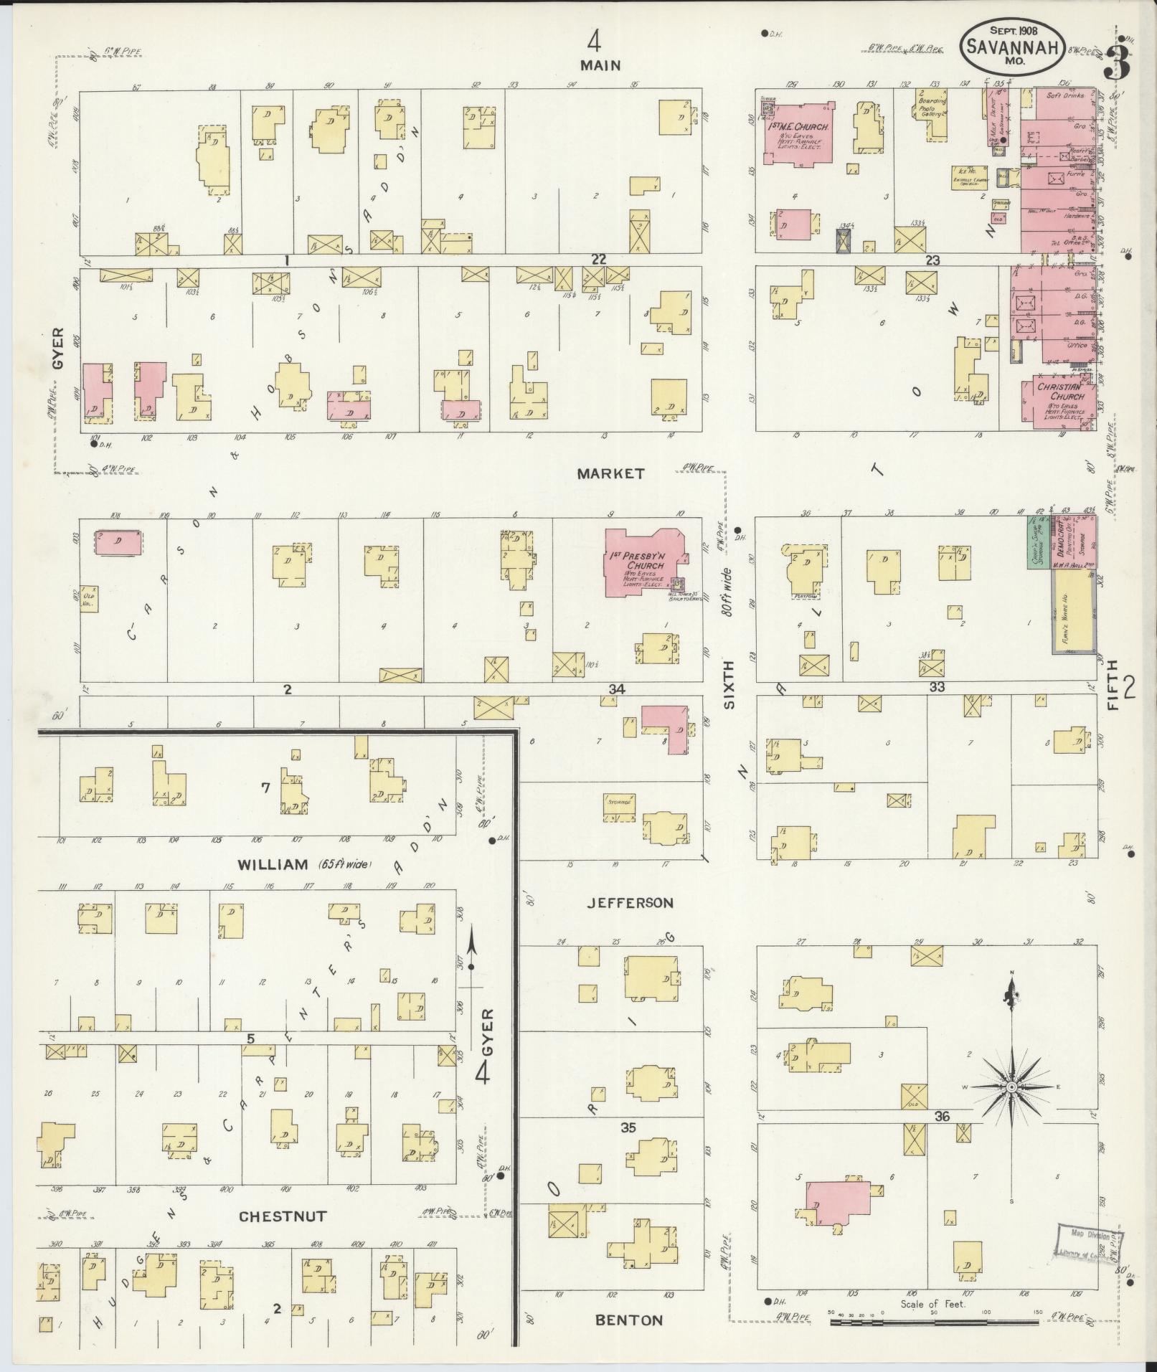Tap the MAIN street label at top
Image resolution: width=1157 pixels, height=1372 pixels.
coord(600,65)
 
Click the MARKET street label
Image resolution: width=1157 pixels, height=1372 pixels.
coord(610,473)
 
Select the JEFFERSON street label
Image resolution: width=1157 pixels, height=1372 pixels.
coord(630,903)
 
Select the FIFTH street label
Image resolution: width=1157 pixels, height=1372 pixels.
coord(1113,686)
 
